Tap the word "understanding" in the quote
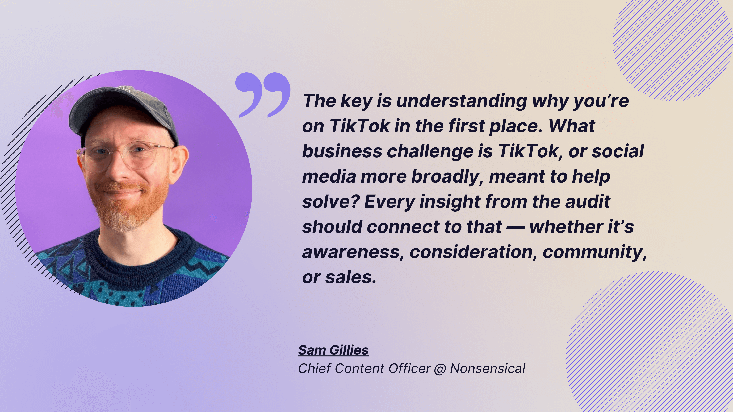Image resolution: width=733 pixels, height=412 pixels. point(462,101)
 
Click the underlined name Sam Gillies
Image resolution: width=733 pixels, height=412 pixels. point(333,350)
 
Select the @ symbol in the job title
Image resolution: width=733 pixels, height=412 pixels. point(440,369)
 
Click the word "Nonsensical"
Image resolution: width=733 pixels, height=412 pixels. point(488,369)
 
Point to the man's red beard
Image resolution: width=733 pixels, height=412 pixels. point(128,205)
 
